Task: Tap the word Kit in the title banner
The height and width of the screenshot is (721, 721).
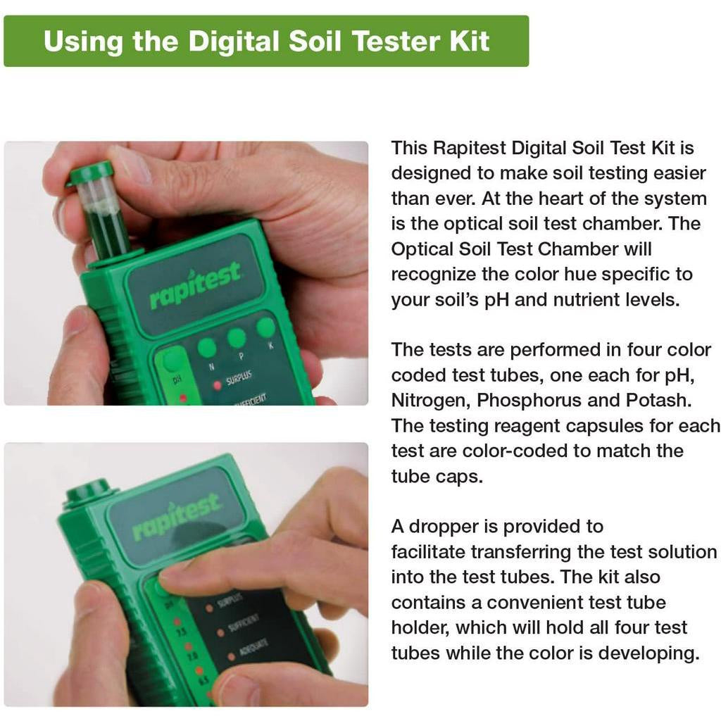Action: coord(470,41)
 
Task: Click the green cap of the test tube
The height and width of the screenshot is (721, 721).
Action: coord(90,172)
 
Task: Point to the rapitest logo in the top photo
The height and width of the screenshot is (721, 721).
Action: coord(195,285)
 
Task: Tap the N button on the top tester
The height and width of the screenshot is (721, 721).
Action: coord(206,348)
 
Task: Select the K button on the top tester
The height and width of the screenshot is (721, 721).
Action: coord(265,327)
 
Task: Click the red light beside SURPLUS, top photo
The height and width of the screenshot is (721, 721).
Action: coord(217,385)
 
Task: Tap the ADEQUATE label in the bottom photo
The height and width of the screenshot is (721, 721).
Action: coord(253,648)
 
